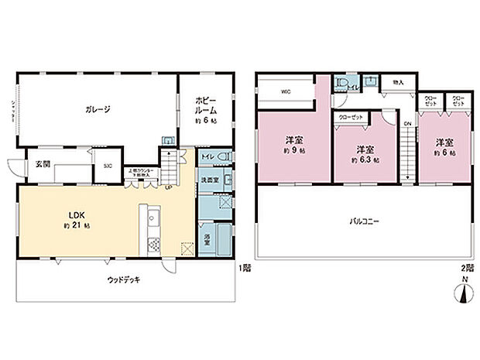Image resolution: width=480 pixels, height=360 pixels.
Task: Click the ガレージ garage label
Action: (97, 110)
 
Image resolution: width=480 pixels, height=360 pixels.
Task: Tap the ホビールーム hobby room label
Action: (205, 105)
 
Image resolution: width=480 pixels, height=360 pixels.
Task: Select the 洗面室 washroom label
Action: (209, 180)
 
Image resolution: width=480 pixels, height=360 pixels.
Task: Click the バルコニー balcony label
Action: (363, 221)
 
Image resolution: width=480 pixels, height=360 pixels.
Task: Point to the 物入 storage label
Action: (398, 82)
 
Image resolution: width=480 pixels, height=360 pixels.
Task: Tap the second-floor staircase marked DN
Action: (406, 155)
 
